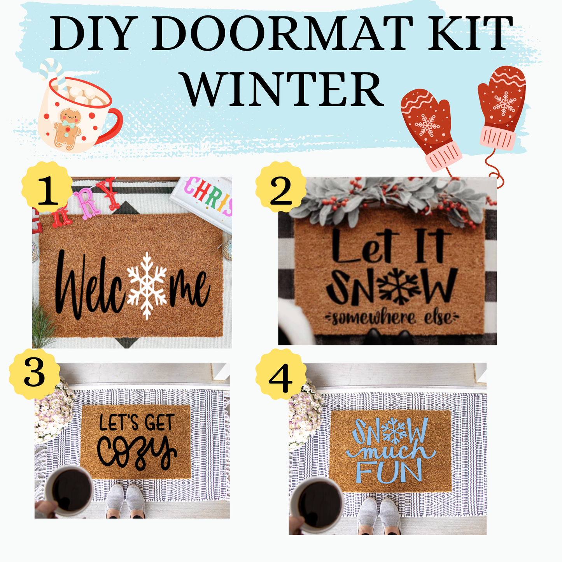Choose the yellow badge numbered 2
click(280, 190)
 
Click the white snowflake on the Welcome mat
click(147, 285)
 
